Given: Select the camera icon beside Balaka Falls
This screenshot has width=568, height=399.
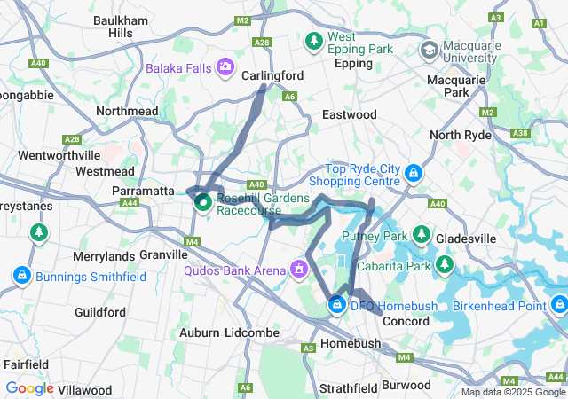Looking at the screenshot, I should [x=225, y=66].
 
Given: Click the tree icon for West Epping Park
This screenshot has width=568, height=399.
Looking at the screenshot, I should [x=313, y=41].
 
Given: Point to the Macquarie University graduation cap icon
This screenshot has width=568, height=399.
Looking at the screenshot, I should [x=430, y=50].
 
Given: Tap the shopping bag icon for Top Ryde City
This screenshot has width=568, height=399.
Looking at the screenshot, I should [x=413, y=173].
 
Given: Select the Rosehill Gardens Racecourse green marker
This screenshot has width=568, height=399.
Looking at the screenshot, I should [x=203, y=203].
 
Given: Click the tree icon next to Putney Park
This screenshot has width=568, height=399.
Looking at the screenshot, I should [x=422, y=236].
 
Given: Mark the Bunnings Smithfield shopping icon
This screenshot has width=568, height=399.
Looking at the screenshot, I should [x=21, y=277].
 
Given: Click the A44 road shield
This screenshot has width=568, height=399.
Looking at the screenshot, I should [x=130, y=203].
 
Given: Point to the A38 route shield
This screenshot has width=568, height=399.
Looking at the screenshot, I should [x=520, y=133].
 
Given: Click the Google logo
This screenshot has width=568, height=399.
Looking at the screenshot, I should [x=29, y=388].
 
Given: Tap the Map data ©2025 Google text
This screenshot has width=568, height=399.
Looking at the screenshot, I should [x=512, y=393].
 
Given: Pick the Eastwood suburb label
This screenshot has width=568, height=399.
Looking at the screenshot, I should [x=349, y=115].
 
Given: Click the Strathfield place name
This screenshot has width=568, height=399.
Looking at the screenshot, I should [x=349, y=387].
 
